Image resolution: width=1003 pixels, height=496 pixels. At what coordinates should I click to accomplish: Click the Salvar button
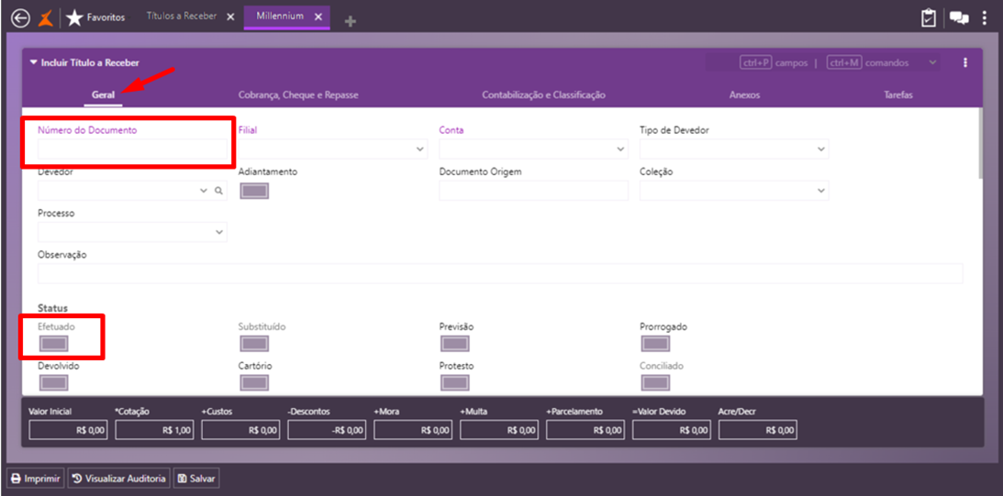tap(196, 479)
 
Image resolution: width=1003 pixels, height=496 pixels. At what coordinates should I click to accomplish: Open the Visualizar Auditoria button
tap(118, 479)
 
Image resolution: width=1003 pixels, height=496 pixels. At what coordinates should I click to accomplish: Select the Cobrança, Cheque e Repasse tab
tap(298, 95)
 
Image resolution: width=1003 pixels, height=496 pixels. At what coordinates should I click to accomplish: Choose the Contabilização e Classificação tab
tap(543, 95)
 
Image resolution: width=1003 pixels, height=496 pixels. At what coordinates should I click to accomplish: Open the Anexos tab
tap(744, 95)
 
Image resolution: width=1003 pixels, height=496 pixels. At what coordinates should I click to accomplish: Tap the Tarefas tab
tap(897, 95)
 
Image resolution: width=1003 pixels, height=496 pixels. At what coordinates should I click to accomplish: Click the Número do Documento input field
tap(131, 149)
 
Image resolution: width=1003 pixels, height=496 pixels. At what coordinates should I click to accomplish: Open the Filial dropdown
tap(332, 149)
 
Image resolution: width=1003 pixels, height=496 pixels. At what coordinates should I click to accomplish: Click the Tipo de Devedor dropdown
tap(733, 149)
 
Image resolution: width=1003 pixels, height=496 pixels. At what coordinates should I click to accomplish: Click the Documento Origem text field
tap(533, 191)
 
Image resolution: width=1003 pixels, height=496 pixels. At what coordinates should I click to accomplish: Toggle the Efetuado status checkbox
tap(54, 344)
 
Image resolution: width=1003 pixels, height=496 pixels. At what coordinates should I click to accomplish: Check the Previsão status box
tap(455, 344)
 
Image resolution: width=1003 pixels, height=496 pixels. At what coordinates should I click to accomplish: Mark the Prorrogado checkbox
tap(655, 344)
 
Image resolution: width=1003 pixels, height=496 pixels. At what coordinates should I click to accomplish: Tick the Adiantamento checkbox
tap(254, 191)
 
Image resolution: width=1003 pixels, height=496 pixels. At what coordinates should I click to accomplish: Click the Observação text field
tap(500, 273)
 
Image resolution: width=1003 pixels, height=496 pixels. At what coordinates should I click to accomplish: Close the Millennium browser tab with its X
tap(318, 17)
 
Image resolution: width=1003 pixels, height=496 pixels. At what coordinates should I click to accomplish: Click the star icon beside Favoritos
tap(74, 17)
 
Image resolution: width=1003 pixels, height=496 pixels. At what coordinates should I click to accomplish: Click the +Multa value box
tap(499, 430)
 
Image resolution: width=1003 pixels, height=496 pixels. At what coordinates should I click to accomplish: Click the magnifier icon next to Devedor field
tap(218, 191)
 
